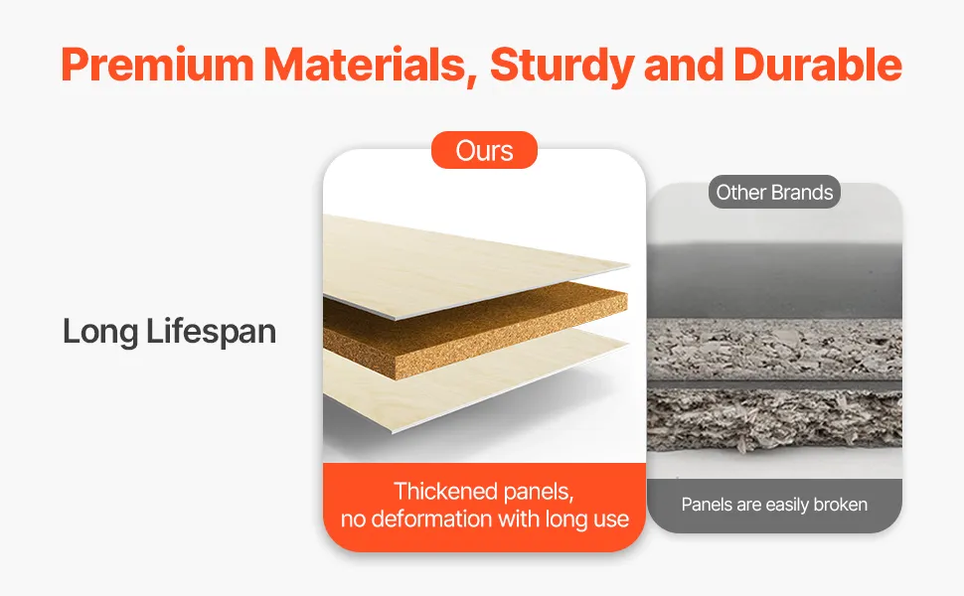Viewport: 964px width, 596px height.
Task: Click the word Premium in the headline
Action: coord(157,64)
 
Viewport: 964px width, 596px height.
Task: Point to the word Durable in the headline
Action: coord(818,64)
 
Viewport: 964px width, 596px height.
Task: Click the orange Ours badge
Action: coord(484,150)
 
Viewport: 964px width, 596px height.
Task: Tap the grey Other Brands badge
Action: coord(774,193)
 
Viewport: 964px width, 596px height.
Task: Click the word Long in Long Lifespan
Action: coord(100,333)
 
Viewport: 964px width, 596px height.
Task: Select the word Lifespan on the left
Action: coord(212,332)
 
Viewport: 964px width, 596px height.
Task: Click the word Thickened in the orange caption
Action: coord(446,492)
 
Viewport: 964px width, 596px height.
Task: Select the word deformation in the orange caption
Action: coord(433,520)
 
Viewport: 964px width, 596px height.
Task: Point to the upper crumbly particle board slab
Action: coord(774,349)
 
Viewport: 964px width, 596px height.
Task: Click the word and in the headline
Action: coord(684,65)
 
